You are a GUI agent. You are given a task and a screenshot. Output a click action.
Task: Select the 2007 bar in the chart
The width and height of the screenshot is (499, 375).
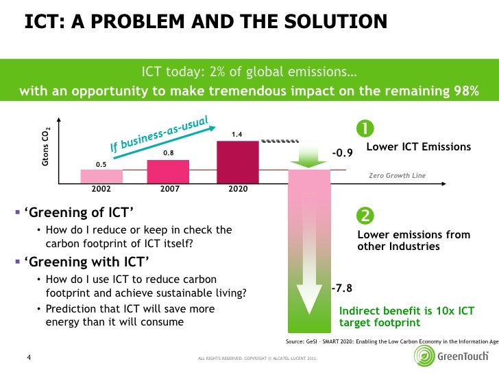pyautogui.click(x=169, y=171)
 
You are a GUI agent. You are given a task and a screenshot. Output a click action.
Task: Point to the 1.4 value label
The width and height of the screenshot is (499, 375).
pyautogui.click(x=236, y=134)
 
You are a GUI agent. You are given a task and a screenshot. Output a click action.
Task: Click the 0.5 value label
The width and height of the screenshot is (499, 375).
pyautogui.click(x=101, y=164)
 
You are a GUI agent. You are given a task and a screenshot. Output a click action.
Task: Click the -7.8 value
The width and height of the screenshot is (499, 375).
pyautogui.click(x=341, y=289)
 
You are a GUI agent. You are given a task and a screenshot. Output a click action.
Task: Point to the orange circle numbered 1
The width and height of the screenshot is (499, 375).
pyautogui.click(x=365, y=128)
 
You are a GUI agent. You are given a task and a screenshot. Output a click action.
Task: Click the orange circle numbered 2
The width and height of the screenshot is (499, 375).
pyautogui.click(x=365, y=216)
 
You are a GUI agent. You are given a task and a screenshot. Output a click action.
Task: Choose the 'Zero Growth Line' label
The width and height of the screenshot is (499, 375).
pyautogui.click(x=397, y=176)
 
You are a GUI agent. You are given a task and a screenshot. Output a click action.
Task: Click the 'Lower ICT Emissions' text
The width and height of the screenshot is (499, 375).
pyautogui.click(x=419, y=147)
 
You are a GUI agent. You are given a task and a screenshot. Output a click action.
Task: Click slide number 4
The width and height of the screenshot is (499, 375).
pyautogui.click(x=29, y=357)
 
